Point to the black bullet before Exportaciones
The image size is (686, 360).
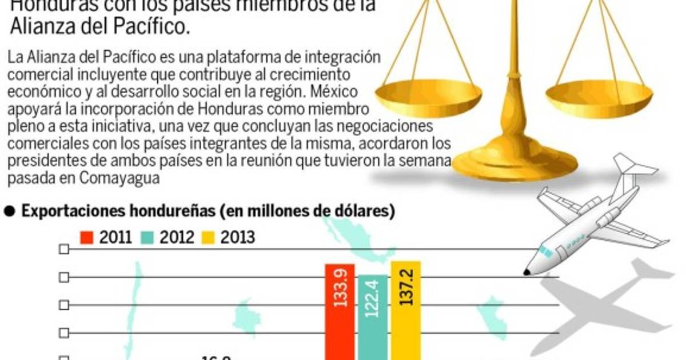click(x=9, y=211)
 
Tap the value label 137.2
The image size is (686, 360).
click(x=406, y=291)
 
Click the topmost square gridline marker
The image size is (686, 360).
click(x=64, y=249)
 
